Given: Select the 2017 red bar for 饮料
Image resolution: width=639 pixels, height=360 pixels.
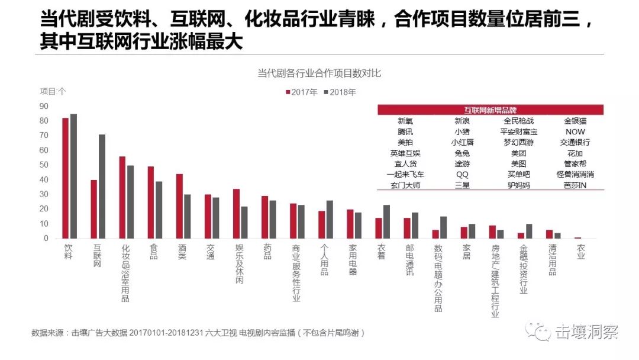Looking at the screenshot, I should pyautogui.click(x=65, y=178).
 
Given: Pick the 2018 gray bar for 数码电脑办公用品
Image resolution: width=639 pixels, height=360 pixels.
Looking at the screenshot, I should pyautogui.click(x=443, y=227).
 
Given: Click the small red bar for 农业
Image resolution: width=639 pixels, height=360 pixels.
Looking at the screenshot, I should pyautogui.click(x=577, y=237).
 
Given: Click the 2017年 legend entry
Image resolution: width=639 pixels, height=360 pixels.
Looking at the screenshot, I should pyautogui.click(x=302, y=92).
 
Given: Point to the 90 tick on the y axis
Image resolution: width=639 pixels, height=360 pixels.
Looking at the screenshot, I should pyautogui.click(x=44, y=106).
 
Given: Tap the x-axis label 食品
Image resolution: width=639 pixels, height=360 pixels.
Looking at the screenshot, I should pyautogui.click(x=154, y=252).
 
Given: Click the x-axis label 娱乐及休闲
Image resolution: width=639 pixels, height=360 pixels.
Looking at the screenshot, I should pyautogui.click(x=239, y=263).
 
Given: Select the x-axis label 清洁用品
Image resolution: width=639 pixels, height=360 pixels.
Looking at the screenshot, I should pyautogui.click(x=551, y=260).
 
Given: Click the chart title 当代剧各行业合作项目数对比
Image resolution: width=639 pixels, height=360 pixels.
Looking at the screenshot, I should pyautogui.click(x=319, y=73).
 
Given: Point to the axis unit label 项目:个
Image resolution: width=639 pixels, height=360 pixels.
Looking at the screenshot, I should pyautogui.click(x=53, y=91).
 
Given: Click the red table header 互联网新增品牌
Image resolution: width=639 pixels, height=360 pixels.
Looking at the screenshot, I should pyautogui.click(x=490, y=110).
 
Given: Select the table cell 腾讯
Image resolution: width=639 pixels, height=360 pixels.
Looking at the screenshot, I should pyautogui.click(x=405, y=131).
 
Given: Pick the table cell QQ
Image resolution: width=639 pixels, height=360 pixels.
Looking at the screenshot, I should pyautogui.click(x=462, y=174).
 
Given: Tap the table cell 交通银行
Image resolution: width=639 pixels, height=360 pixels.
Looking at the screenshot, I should pyautogui.click(x=575, y=142).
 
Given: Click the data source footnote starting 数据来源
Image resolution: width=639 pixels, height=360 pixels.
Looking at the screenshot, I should pyautogui.click(x=198, y=333).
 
